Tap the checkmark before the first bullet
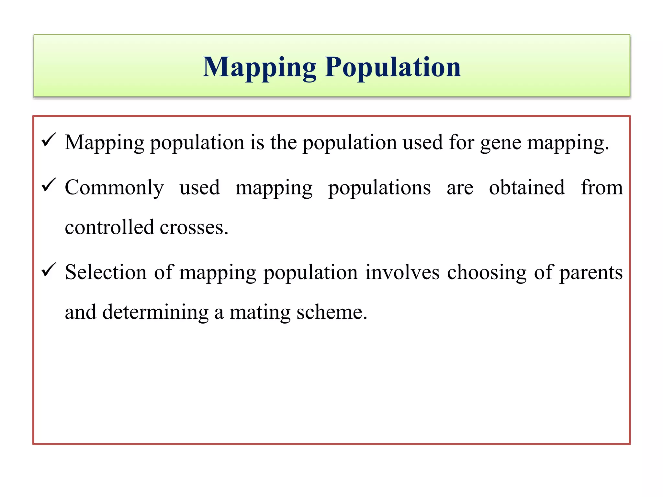point(49,140)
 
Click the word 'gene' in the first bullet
point(500,143)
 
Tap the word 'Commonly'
point(114,188)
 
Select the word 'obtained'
point(527,188)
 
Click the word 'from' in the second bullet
point(602,188)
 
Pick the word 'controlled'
point(109,227)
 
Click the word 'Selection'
point(106,272)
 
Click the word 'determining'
point(155,313)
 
